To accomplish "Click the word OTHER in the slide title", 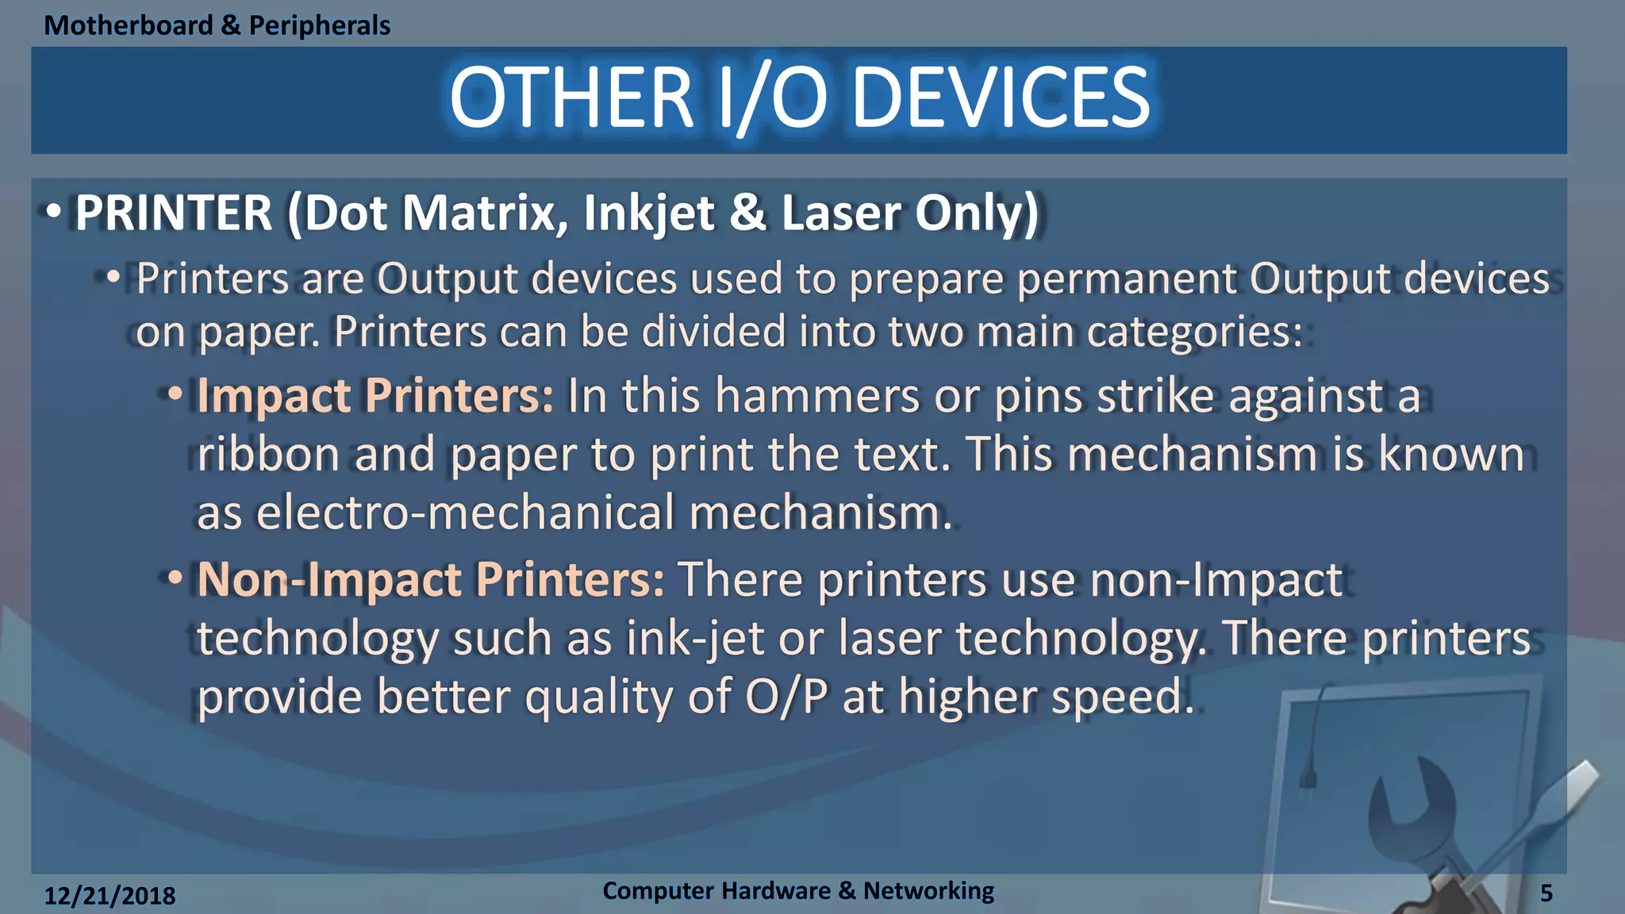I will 571,98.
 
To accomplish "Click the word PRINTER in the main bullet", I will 174,213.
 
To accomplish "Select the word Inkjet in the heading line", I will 649,213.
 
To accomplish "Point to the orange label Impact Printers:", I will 375,395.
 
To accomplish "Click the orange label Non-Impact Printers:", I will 430,579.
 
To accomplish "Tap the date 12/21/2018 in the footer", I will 109,896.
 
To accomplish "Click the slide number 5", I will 1546,893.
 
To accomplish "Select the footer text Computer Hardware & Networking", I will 797,891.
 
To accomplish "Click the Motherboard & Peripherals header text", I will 217,25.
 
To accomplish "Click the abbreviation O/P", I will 786,697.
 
